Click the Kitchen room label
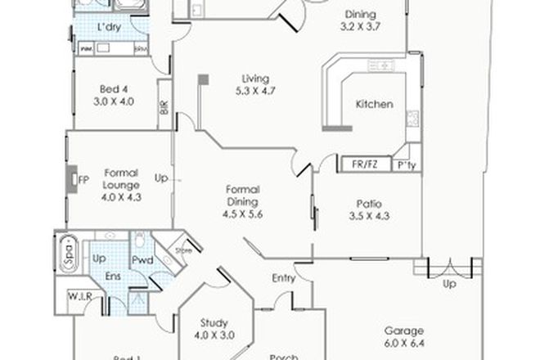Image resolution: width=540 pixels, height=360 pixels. click(x=375, y=105)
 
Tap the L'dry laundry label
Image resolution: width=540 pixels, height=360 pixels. click(x=109, y=29)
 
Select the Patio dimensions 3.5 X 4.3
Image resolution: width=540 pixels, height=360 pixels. click(x=370, y=217)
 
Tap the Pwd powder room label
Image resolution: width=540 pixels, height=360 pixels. click(x=142, y=262)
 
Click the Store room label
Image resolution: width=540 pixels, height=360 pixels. click(x=184, y=251)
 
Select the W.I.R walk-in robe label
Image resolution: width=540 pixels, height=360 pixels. click(x=79, y=295)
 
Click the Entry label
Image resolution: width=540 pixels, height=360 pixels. click(x=283, y=279)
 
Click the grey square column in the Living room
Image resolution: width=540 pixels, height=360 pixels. click(x=203, y=79)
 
